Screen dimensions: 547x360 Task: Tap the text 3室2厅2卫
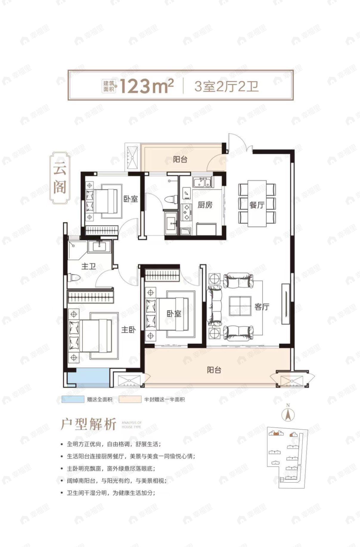226,86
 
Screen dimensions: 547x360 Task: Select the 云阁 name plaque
60,178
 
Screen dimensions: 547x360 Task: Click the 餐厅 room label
257,205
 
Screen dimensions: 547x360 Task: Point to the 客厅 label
262,307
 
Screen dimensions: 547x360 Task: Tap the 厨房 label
205,205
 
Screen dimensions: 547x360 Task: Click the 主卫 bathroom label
89,266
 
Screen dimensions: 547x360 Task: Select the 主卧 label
128,330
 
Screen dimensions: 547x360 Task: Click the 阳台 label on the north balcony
180,159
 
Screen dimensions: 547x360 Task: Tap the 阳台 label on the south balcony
214,370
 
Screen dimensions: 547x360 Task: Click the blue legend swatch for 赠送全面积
73,400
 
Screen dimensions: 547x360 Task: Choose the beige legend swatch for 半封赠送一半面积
130,400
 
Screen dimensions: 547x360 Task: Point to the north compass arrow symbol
288,414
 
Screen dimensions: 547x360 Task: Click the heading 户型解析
88,424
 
